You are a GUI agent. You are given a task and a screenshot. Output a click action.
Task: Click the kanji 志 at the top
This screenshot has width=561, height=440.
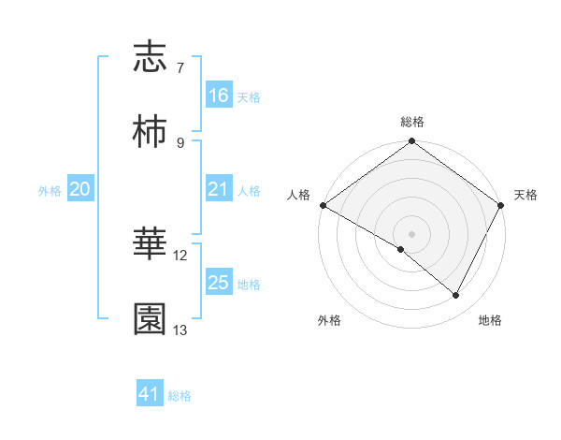(150, 57)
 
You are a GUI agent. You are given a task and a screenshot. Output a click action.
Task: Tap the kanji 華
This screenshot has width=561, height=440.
(150, 244)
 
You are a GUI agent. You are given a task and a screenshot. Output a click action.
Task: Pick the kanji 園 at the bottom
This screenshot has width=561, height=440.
(150, 319)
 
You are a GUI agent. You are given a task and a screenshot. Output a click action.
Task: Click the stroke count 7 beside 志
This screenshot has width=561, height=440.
(180, 68)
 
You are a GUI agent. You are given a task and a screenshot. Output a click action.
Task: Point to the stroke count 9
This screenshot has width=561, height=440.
(180, 142)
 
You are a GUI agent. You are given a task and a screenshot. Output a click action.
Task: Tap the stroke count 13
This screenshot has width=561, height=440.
(180, 330)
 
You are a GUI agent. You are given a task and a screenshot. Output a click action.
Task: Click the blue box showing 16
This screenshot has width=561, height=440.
(219, 95)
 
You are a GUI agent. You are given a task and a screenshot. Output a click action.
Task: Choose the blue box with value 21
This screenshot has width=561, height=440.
(219, 189)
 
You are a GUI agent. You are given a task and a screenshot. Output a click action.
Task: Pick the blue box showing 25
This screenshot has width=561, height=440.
(219, 283)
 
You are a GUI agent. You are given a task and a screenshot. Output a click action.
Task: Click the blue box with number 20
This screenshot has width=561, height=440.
(80, 189)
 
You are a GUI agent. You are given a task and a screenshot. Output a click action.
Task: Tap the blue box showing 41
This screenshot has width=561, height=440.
(150, 394)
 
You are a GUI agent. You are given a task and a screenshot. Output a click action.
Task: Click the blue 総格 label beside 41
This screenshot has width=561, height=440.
(180, 396)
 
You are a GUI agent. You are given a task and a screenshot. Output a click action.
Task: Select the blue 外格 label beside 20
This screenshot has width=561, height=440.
(50, 190)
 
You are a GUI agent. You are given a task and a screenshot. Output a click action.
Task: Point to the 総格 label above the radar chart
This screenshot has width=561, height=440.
(412, 122)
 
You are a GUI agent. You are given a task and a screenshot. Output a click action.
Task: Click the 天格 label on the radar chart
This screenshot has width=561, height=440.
(525, 195)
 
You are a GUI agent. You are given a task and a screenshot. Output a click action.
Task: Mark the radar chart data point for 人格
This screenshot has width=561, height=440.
(323, 205)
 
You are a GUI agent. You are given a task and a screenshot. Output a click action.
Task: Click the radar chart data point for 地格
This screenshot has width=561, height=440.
(456, 296)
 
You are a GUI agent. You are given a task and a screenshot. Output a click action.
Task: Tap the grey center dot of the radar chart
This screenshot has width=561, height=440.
(412, 233)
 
